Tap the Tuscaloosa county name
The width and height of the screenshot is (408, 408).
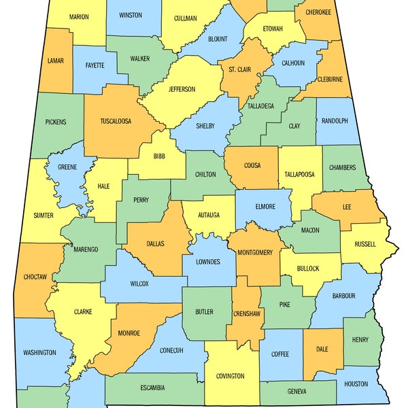(x=116, y=121)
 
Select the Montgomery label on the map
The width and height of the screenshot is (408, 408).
(x=255, y=252)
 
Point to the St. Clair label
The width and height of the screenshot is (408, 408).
(x=239, y=69)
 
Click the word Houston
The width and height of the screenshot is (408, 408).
(x=356, y=384)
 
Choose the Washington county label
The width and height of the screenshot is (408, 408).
(x=39, y=352)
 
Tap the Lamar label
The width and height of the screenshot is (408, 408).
(x=56, y=61)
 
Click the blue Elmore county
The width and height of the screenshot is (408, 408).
(x=265, y=206)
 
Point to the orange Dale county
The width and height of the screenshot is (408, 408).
(x=322, y=349)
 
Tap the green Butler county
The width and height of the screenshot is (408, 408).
(x=204, y=312)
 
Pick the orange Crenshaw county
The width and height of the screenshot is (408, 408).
(x=246, y=313)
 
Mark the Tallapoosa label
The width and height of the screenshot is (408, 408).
(x=299, y=174)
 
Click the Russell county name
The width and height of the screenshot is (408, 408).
(x=365, y=244)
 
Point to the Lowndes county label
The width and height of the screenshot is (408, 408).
(x=207, y=262)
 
